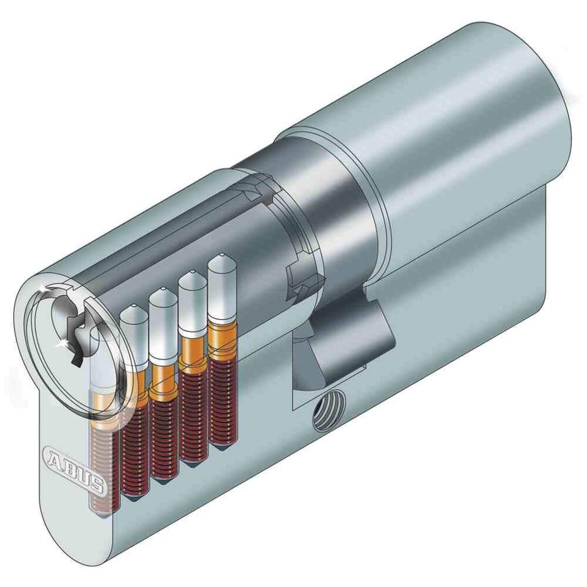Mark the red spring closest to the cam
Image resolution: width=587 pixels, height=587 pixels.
click(x=219, y=404)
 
